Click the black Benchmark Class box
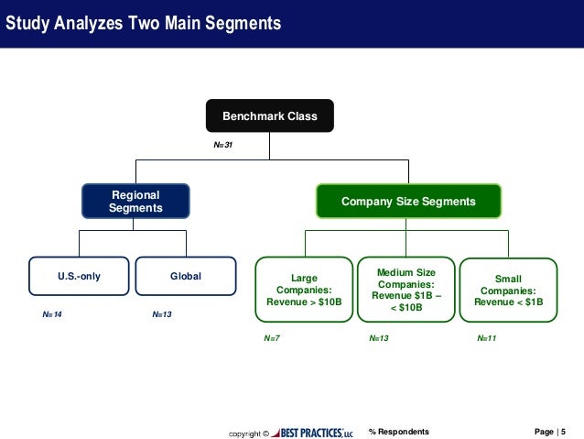click(x=269, y=116)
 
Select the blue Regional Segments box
click(x=135, y=202)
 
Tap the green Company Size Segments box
click(x=408, y=202)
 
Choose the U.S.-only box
click(x=79, y=276)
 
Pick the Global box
click(x=186, y=276)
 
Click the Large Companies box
click(x=304, y=290)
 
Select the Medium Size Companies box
click(x=406, y=290)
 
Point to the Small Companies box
click(x=508, y=290)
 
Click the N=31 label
click(x=222, y=145)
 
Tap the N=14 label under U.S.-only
click(x=53, y=314)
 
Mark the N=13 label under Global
click(x=161, y=314)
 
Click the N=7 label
click(x=272, y=338)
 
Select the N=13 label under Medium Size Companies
click(x=379, y=338)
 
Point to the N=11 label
click(x=486, y=338)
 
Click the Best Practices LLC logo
click(x=311, y=432)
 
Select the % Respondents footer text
click(x=398, y=431)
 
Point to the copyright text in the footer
click(x=248, y=432)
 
